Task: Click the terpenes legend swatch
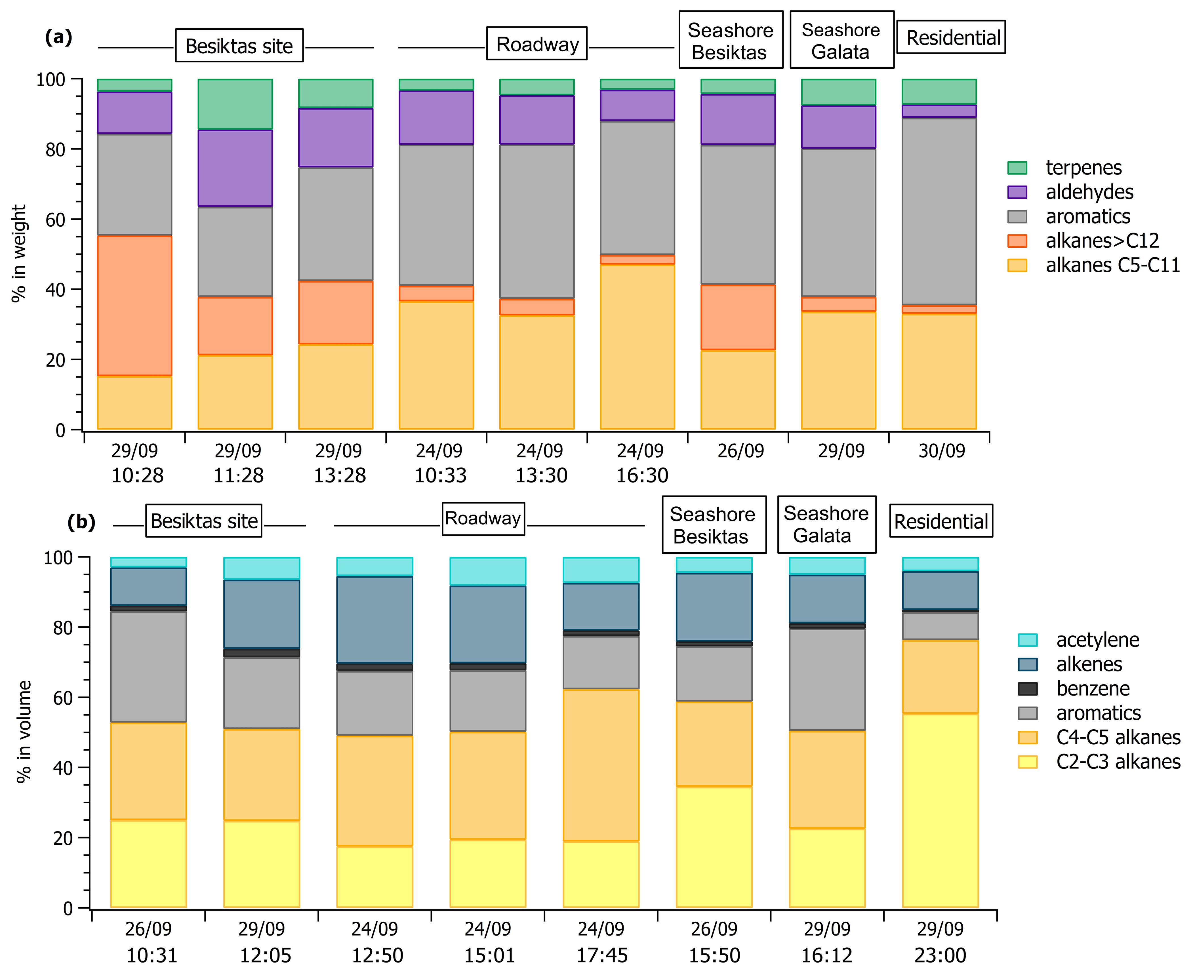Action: coord(1017,168)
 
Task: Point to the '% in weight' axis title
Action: coord(19,253)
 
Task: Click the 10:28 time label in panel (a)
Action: coord(137,476)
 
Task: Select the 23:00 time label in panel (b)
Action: coord(940,955)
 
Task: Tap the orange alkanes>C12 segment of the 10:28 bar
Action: coord(134,306)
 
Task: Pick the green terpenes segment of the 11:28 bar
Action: coord(235,104)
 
